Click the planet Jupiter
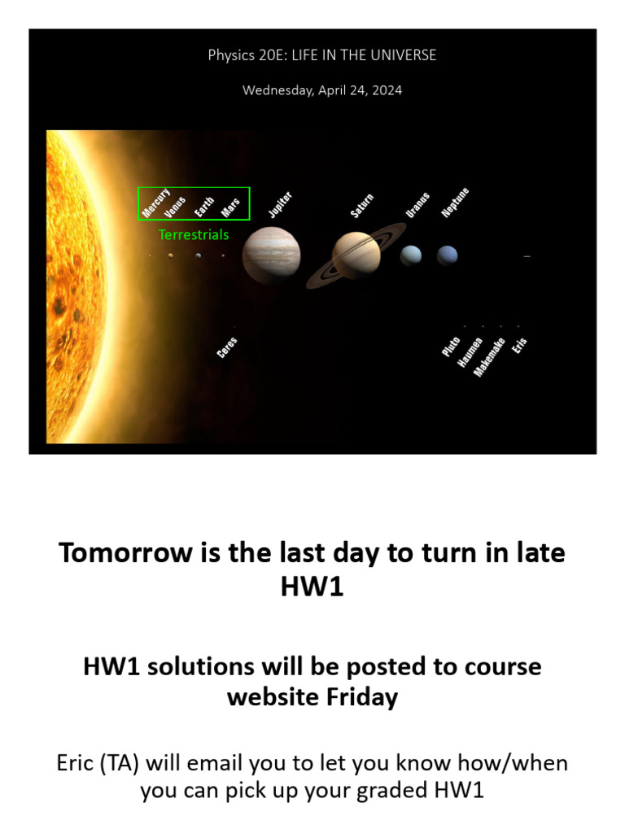click(272, 255)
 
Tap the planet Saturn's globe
click(356, 254)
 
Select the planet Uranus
click(411, 255)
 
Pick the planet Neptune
click(447, 255)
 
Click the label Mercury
click(155, 203)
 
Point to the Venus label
click(175, 207)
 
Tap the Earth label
click(204, 207)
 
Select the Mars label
click(230, 207)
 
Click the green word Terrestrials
click(194, 235)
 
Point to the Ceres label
click(227, 347)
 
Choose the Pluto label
click(451, 346)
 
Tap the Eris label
click(520, 344)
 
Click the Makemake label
click(490, 356)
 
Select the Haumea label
click(470, 352)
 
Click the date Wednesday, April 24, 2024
click(322, 90)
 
